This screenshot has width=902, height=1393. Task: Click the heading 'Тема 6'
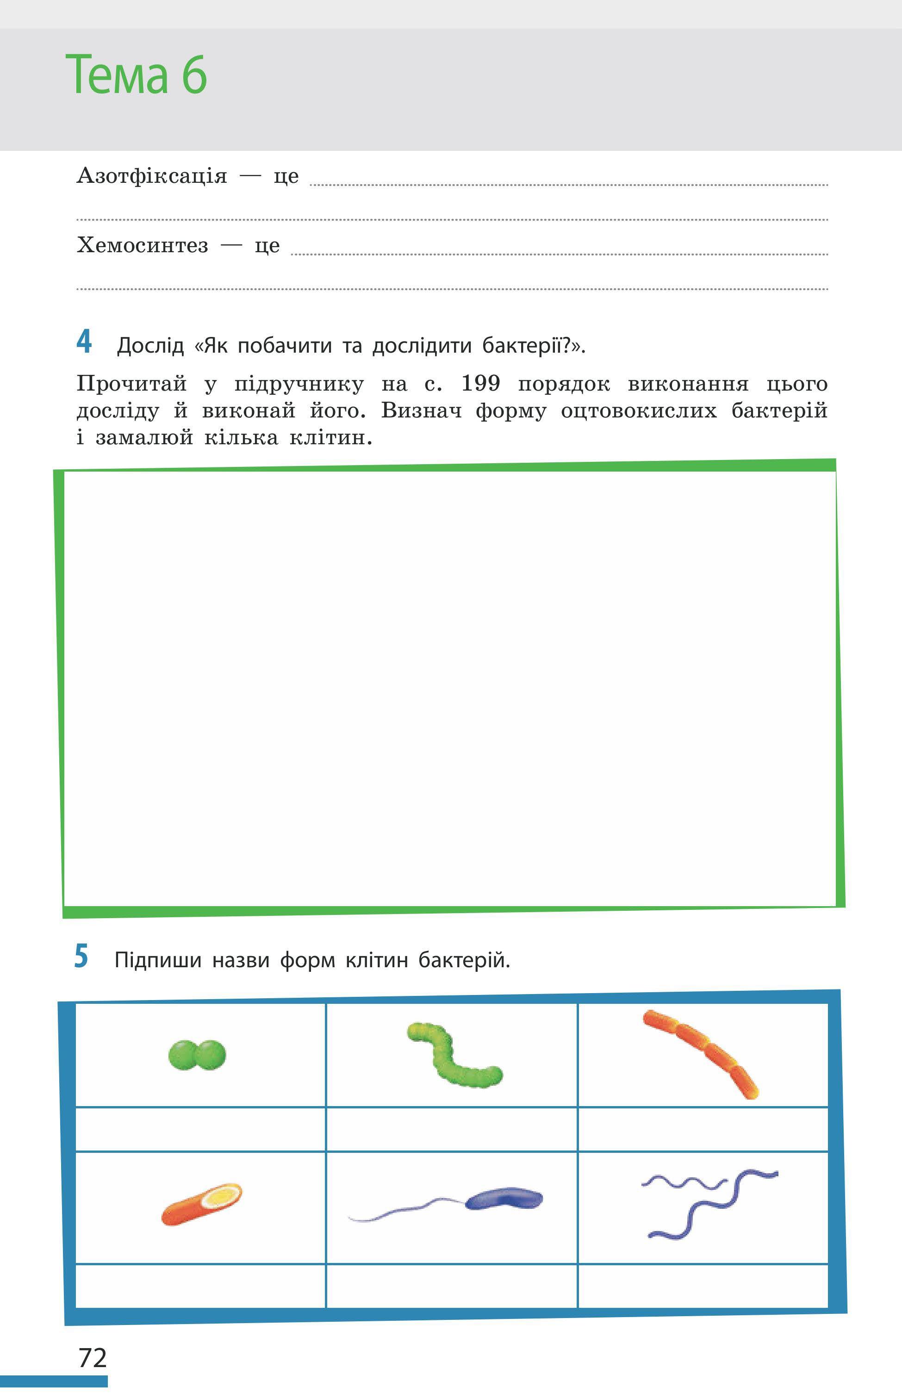(x=136, y=75)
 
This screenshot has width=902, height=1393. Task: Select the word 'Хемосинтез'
(x=142, y=245)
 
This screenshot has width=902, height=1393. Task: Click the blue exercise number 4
(x=84, y=342)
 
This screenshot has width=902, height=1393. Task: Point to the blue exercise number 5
(x=81, y=957)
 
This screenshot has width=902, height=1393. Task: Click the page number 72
(x=93, y=1358)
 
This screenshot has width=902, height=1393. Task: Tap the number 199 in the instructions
(x=480, y=384)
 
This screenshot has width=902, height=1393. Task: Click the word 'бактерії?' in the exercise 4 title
(x=533, y=346)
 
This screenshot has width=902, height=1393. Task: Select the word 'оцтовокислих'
(x=638, y=411)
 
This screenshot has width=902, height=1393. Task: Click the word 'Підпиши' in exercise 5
(x=157, y=960)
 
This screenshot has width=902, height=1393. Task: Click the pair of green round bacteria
(x=197, y=1055)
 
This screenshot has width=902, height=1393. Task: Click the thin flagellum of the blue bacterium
(x=404, y=1210)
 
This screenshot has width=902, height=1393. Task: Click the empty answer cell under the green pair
(x=200, y=1129)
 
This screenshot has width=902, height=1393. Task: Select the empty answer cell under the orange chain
(x=703, y=1129)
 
